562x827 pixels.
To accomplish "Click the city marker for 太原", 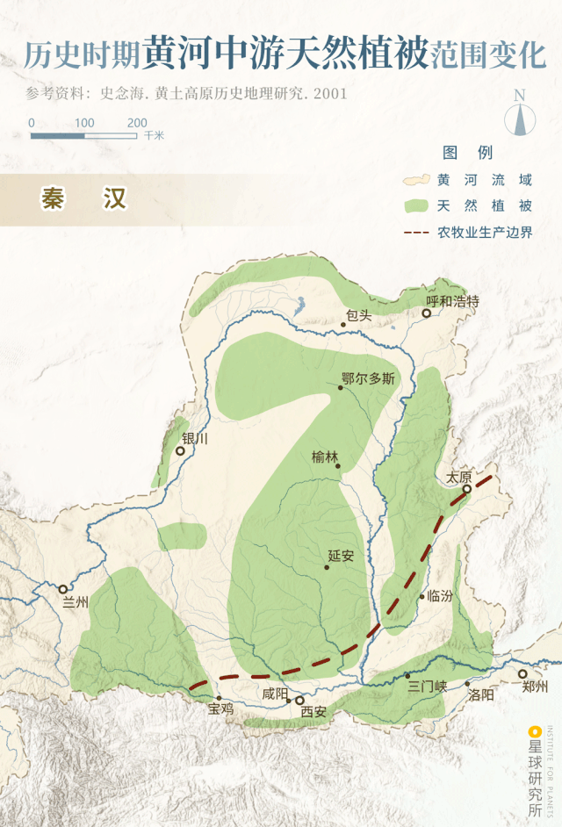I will coord(467,489).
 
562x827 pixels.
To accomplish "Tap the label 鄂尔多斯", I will coord(368,379).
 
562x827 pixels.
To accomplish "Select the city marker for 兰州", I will coord(63,589).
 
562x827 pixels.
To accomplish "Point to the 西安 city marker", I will coord(299,701).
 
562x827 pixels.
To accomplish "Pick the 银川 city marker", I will coord(180,450).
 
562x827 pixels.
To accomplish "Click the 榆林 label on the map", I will coord(325,457).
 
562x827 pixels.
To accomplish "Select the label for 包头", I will coord(359,315).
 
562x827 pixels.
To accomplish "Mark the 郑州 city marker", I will coord(522,674).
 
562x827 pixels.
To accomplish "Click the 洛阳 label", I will coord(481,694).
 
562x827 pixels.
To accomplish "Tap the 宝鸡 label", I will coord(220,708).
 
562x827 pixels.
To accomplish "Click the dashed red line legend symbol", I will coord(416,233).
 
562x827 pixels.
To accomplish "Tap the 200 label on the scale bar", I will coord(137,123).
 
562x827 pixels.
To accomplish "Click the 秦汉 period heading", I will coord(83,198).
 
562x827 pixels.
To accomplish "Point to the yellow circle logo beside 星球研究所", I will coord(533,730).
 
